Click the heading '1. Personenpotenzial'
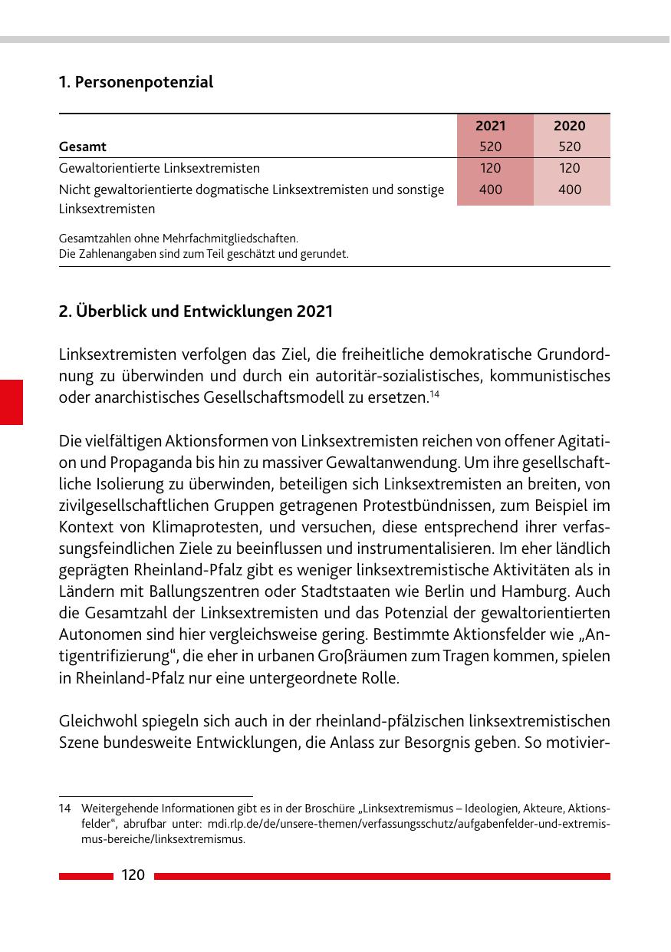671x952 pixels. tap(136, 82)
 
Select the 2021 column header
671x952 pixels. tap(491, 126)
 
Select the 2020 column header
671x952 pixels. tap(570, 126)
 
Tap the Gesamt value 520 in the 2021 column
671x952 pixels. tap(491, 147)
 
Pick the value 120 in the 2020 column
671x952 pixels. tap(570, 168)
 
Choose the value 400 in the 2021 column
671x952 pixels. tap(491, 189)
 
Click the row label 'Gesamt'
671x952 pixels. tap(83, 147)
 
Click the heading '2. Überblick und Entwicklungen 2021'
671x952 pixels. tap(196, 312)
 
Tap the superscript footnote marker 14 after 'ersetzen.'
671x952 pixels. tap(433, 394)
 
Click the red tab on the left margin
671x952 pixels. tap(12, 401)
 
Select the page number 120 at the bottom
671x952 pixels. tap(133, 875)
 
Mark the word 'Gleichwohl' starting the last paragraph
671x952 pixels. tap(95, 721)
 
